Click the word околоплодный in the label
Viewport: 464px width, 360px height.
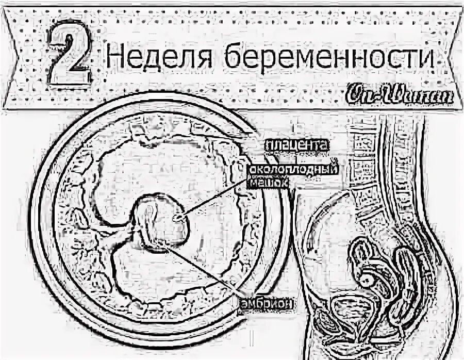tap(293, 170)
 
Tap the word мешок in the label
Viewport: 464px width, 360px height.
tap(268, 181)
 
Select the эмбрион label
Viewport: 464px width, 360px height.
tap(267, 304)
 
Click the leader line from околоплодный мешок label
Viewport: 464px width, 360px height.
tap(217, 199)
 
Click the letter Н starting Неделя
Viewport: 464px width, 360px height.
tap(114, 58)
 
